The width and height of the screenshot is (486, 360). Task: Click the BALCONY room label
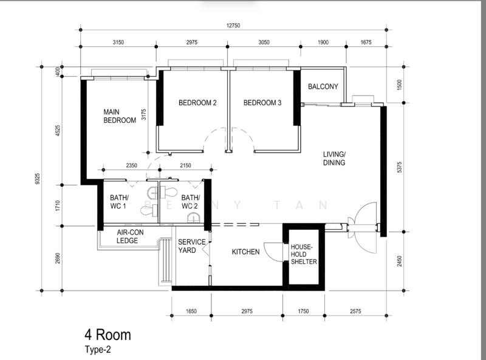323,86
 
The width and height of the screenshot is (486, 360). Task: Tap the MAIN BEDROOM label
120,116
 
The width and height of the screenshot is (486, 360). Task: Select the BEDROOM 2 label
197,103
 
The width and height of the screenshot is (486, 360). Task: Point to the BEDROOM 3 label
262,103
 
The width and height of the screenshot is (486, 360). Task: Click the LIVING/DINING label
334,158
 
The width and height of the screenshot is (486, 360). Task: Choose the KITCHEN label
245,252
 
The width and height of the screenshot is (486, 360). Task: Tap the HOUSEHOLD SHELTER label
304,254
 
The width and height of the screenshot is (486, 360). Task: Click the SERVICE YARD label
191,246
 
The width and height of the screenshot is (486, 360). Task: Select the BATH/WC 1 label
119,202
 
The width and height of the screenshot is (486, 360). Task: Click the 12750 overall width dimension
233,26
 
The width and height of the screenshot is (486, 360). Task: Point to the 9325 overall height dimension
38,179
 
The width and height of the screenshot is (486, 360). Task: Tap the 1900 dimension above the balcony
323,42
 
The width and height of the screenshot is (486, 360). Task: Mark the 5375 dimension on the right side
400,167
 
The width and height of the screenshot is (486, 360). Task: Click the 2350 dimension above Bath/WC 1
131,165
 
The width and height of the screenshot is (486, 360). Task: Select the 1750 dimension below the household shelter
303,311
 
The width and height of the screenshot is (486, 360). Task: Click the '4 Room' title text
108,335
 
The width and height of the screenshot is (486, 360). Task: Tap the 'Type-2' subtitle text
98,350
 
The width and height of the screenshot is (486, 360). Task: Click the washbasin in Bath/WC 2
193,218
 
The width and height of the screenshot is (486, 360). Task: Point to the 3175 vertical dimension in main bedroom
143,114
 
